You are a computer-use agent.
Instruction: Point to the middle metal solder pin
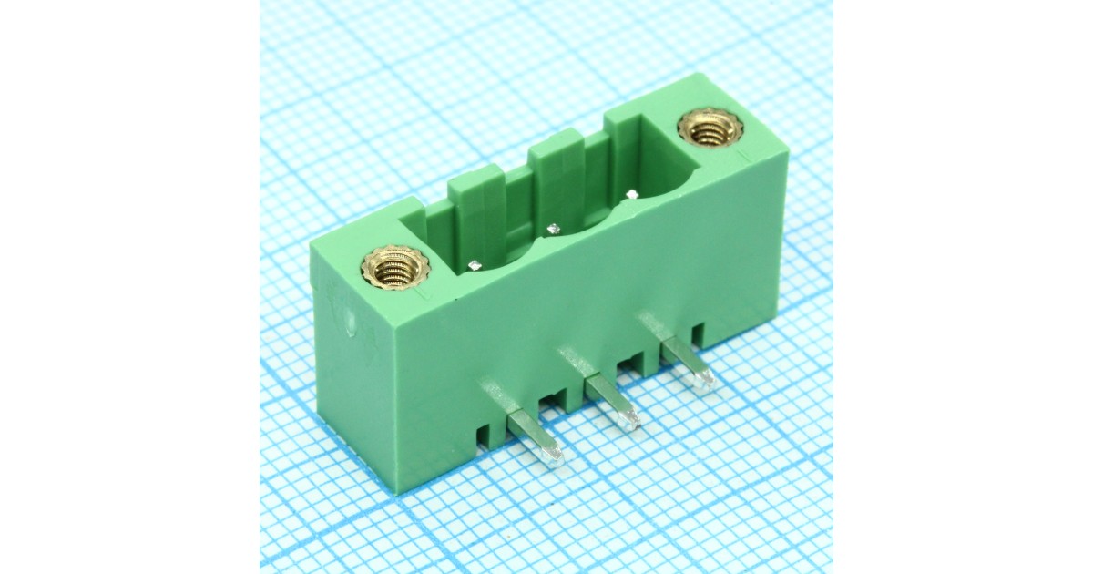coord(610,400)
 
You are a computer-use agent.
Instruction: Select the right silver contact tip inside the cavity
coord(630,194)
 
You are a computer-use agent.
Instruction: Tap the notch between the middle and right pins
coord(628,366)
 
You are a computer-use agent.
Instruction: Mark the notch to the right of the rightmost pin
coord(698,333)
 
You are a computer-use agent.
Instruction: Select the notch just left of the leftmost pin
coord(481,434)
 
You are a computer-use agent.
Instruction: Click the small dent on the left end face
coord(351,324)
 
